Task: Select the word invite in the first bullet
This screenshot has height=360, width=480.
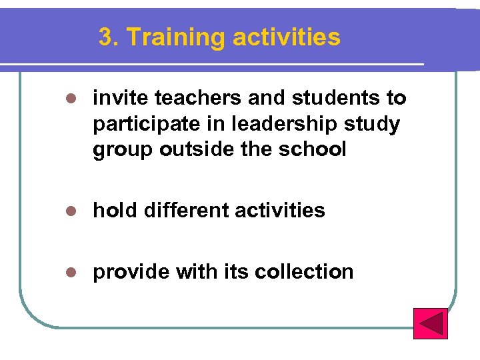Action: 121,99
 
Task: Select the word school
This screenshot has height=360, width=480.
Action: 313,150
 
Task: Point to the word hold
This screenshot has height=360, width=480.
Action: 114,211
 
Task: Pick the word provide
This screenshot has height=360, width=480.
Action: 131,272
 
